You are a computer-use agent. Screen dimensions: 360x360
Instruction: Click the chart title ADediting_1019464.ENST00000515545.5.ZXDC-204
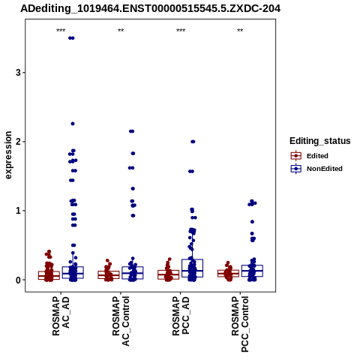point(151,9)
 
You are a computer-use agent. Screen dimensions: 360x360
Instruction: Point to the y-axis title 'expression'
point(8,155)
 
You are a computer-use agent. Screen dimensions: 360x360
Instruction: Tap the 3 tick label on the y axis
point(18,73)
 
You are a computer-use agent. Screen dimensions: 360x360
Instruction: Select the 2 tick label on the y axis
point(18,142)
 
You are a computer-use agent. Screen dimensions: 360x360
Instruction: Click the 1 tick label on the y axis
point(18,211)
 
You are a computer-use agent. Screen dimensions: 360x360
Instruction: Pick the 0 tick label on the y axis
point(18,280)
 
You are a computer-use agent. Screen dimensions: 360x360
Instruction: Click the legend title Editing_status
point(320,141)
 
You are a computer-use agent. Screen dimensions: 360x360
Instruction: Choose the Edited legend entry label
point(317,156)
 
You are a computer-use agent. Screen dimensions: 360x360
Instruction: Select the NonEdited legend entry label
point(325,169)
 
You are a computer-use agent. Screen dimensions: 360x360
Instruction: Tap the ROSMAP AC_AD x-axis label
point(61,316)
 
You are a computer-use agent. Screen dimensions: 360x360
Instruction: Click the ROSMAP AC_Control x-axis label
point(121,321)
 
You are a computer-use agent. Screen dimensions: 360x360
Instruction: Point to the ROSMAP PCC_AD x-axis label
point(181,316)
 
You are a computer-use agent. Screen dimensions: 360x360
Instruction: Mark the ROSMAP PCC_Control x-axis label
point(240,324)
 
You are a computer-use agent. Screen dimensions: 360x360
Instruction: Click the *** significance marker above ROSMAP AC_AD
point(61,31)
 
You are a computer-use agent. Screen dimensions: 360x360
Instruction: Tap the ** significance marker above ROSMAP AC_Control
point(121,31)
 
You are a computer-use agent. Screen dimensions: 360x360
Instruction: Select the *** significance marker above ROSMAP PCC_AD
point(181,31)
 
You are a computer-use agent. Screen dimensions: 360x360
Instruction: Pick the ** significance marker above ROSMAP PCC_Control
point(240,31)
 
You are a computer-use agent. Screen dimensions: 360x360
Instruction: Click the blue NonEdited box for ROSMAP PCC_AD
point(192,268)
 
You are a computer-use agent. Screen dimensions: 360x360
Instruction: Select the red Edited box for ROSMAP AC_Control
point(109,274)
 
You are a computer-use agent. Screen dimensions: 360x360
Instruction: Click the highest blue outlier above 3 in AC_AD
point(71,38)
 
